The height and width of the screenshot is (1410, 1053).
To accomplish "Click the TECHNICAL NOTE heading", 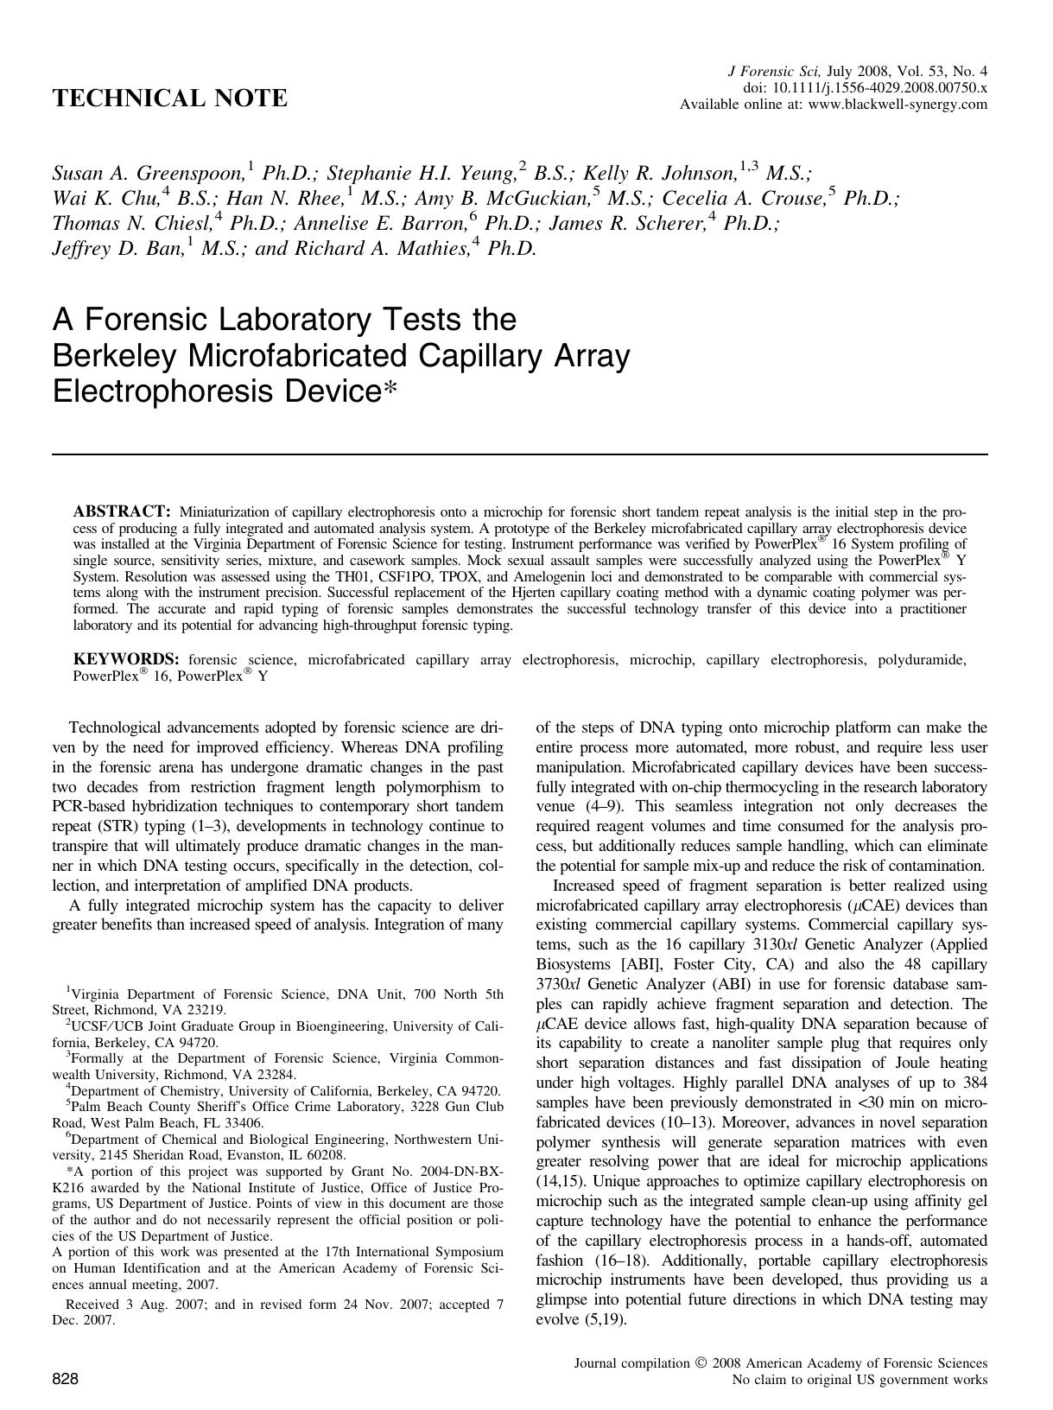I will coord(169,99).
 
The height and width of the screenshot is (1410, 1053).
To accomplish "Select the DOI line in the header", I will coord(866,88).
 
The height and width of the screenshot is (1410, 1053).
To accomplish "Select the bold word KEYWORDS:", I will coord(126,660).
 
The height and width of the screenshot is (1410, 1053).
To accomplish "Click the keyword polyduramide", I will coord(922,660).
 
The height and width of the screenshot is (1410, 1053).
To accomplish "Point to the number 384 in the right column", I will coord(972,1083).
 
